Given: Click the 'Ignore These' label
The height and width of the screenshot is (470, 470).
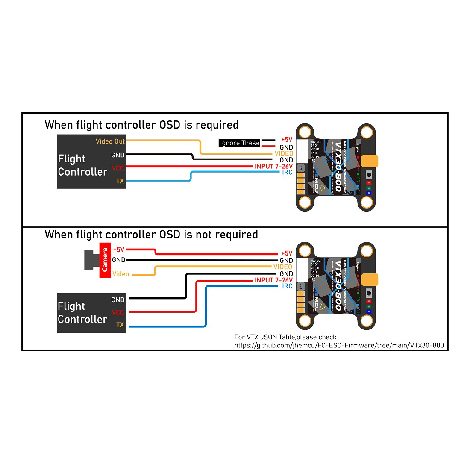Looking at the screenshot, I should pos(239,143).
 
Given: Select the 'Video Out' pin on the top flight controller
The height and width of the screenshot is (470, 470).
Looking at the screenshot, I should pos(110,141).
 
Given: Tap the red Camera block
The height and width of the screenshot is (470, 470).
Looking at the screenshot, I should pos(105,260).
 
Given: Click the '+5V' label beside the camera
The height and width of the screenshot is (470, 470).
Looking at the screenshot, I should pos(118,250).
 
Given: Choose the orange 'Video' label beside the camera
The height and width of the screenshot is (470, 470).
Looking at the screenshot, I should pos(120,274).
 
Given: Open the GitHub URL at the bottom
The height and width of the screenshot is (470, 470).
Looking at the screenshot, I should pos(339,345).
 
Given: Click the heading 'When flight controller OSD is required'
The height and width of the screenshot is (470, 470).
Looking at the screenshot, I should pos(141,125).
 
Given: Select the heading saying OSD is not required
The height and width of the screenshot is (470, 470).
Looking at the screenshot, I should pos(151,235).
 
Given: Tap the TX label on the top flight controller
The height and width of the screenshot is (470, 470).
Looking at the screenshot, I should pos(120,181).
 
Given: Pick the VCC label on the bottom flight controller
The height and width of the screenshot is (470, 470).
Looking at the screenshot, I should pos(117,312).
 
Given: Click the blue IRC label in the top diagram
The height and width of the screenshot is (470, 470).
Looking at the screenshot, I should pos(287,172).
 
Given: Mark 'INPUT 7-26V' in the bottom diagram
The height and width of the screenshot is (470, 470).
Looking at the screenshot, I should pos(273,280).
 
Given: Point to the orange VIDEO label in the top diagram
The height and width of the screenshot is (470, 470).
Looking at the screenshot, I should pos(284,153).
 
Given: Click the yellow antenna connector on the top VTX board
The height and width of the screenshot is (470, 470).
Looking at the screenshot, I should pos(370,161).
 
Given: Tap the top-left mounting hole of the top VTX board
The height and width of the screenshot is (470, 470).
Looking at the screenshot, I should pos(305,132).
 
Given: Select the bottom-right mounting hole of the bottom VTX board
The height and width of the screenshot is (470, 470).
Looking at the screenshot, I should pos(367,320).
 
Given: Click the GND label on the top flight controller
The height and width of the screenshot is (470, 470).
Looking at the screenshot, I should pos(118,155).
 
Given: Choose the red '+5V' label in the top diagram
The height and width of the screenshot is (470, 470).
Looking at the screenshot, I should pos(286,140).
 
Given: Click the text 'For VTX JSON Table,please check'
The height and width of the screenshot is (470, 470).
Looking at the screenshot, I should pos(285,337).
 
